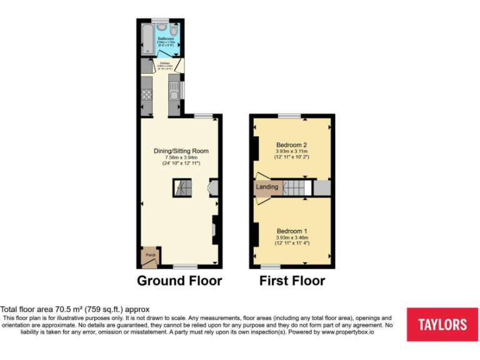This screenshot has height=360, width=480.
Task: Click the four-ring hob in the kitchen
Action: [x=148, y=95]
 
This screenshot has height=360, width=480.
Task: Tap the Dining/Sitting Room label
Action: [x=181, y=151]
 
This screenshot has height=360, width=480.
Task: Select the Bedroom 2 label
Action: [x=291, y=145]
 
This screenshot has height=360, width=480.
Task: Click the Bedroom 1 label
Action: [x=291, y=231]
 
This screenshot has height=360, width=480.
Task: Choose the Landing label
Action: [x=266, y=187]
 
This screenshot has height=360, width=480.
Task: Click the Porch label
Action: [x=151, y=255]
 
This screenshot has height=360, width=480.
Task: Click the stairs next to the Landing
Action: [x=296, y=187]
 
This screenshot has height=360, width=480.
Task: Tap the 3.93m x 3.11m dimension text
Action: [x=291, y=151]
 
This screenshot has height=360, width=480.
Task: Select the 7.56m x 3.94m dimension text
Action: [x=181, y=157]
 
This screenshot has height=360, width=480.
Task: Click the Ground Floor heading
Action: [x=179, y=281]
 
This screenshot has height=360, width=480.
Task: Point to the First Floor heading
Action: [x=292, y=281]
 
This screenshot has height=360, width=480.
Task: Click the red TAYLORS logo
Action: [x=441, y=324]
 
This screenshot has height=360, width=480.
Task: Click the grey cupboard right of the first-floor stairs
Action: [x=321, y=187]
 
